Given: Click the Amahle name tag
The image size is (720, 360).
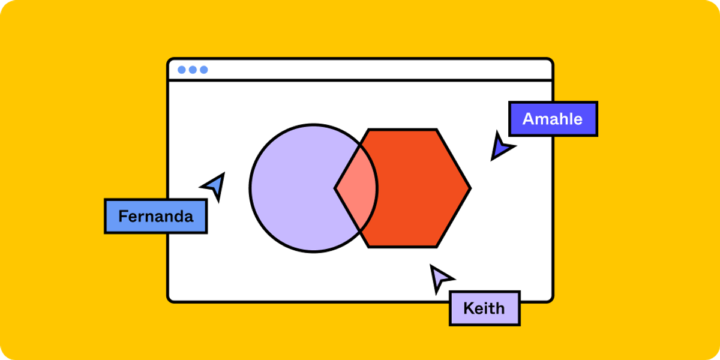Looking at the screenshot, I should (x=553, y=119).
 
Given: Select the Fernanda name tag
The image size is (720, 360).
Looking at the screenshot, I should (x=155, y=216).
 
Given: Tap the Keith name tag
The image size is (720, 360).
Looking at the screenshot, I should (x=484, y=308).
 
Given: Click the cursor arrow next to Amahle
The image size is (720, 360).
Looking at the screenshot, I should (x=500, y=147).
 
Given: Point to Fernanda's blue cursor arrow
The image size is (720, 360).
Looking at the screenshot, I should (x=215, y=185).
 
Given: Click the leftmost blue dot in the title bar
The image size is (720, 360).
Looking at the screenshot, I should (x=182, y=70).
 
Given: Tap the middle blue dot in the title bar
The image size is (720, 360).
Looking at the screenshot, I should (x=193, y=70).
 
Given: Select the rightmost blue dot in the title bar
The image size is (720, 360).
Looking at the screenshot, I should (x=204, y=70).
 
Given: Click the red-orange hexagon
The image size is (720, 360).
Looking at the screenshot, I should (x=420, y=188).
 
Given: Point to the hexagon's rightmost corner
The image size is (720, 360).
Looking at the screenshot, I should (x=470, y=188).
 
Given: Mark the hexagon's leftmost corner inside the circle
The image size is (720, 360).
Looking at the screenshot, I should (x=335, y=188).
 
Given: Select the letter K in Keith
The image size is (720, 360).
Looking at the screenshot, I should (x=468, y=308).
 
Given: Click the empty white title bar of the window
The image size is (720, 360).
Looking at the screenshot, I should (x=372, y=70).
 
